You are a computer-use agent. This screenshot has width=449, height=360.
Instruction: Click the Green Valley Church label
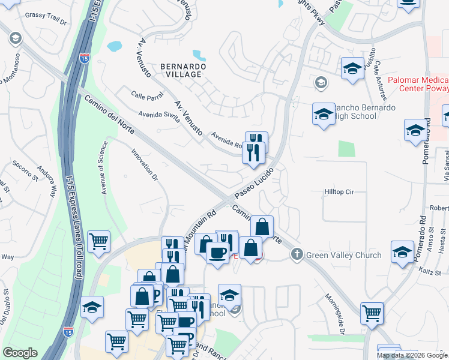click(x=344, y=255)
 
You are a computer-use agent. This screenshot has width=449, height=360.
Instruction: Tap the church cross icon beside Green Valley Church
click(x=296, y=255)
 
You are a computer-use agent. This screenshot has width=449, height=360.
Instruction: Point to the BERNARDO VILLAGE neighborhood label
click(x=183, y=70)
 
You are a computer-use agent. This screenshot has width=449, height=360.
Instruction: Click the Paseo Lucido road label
click(x=255, y=184)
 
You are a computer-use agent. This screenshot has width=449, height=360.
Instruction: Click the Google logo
click(x=20, y=353)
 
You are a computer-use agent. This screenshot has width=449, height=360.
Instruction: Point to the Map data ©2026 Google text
click(x=412, y=355)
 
